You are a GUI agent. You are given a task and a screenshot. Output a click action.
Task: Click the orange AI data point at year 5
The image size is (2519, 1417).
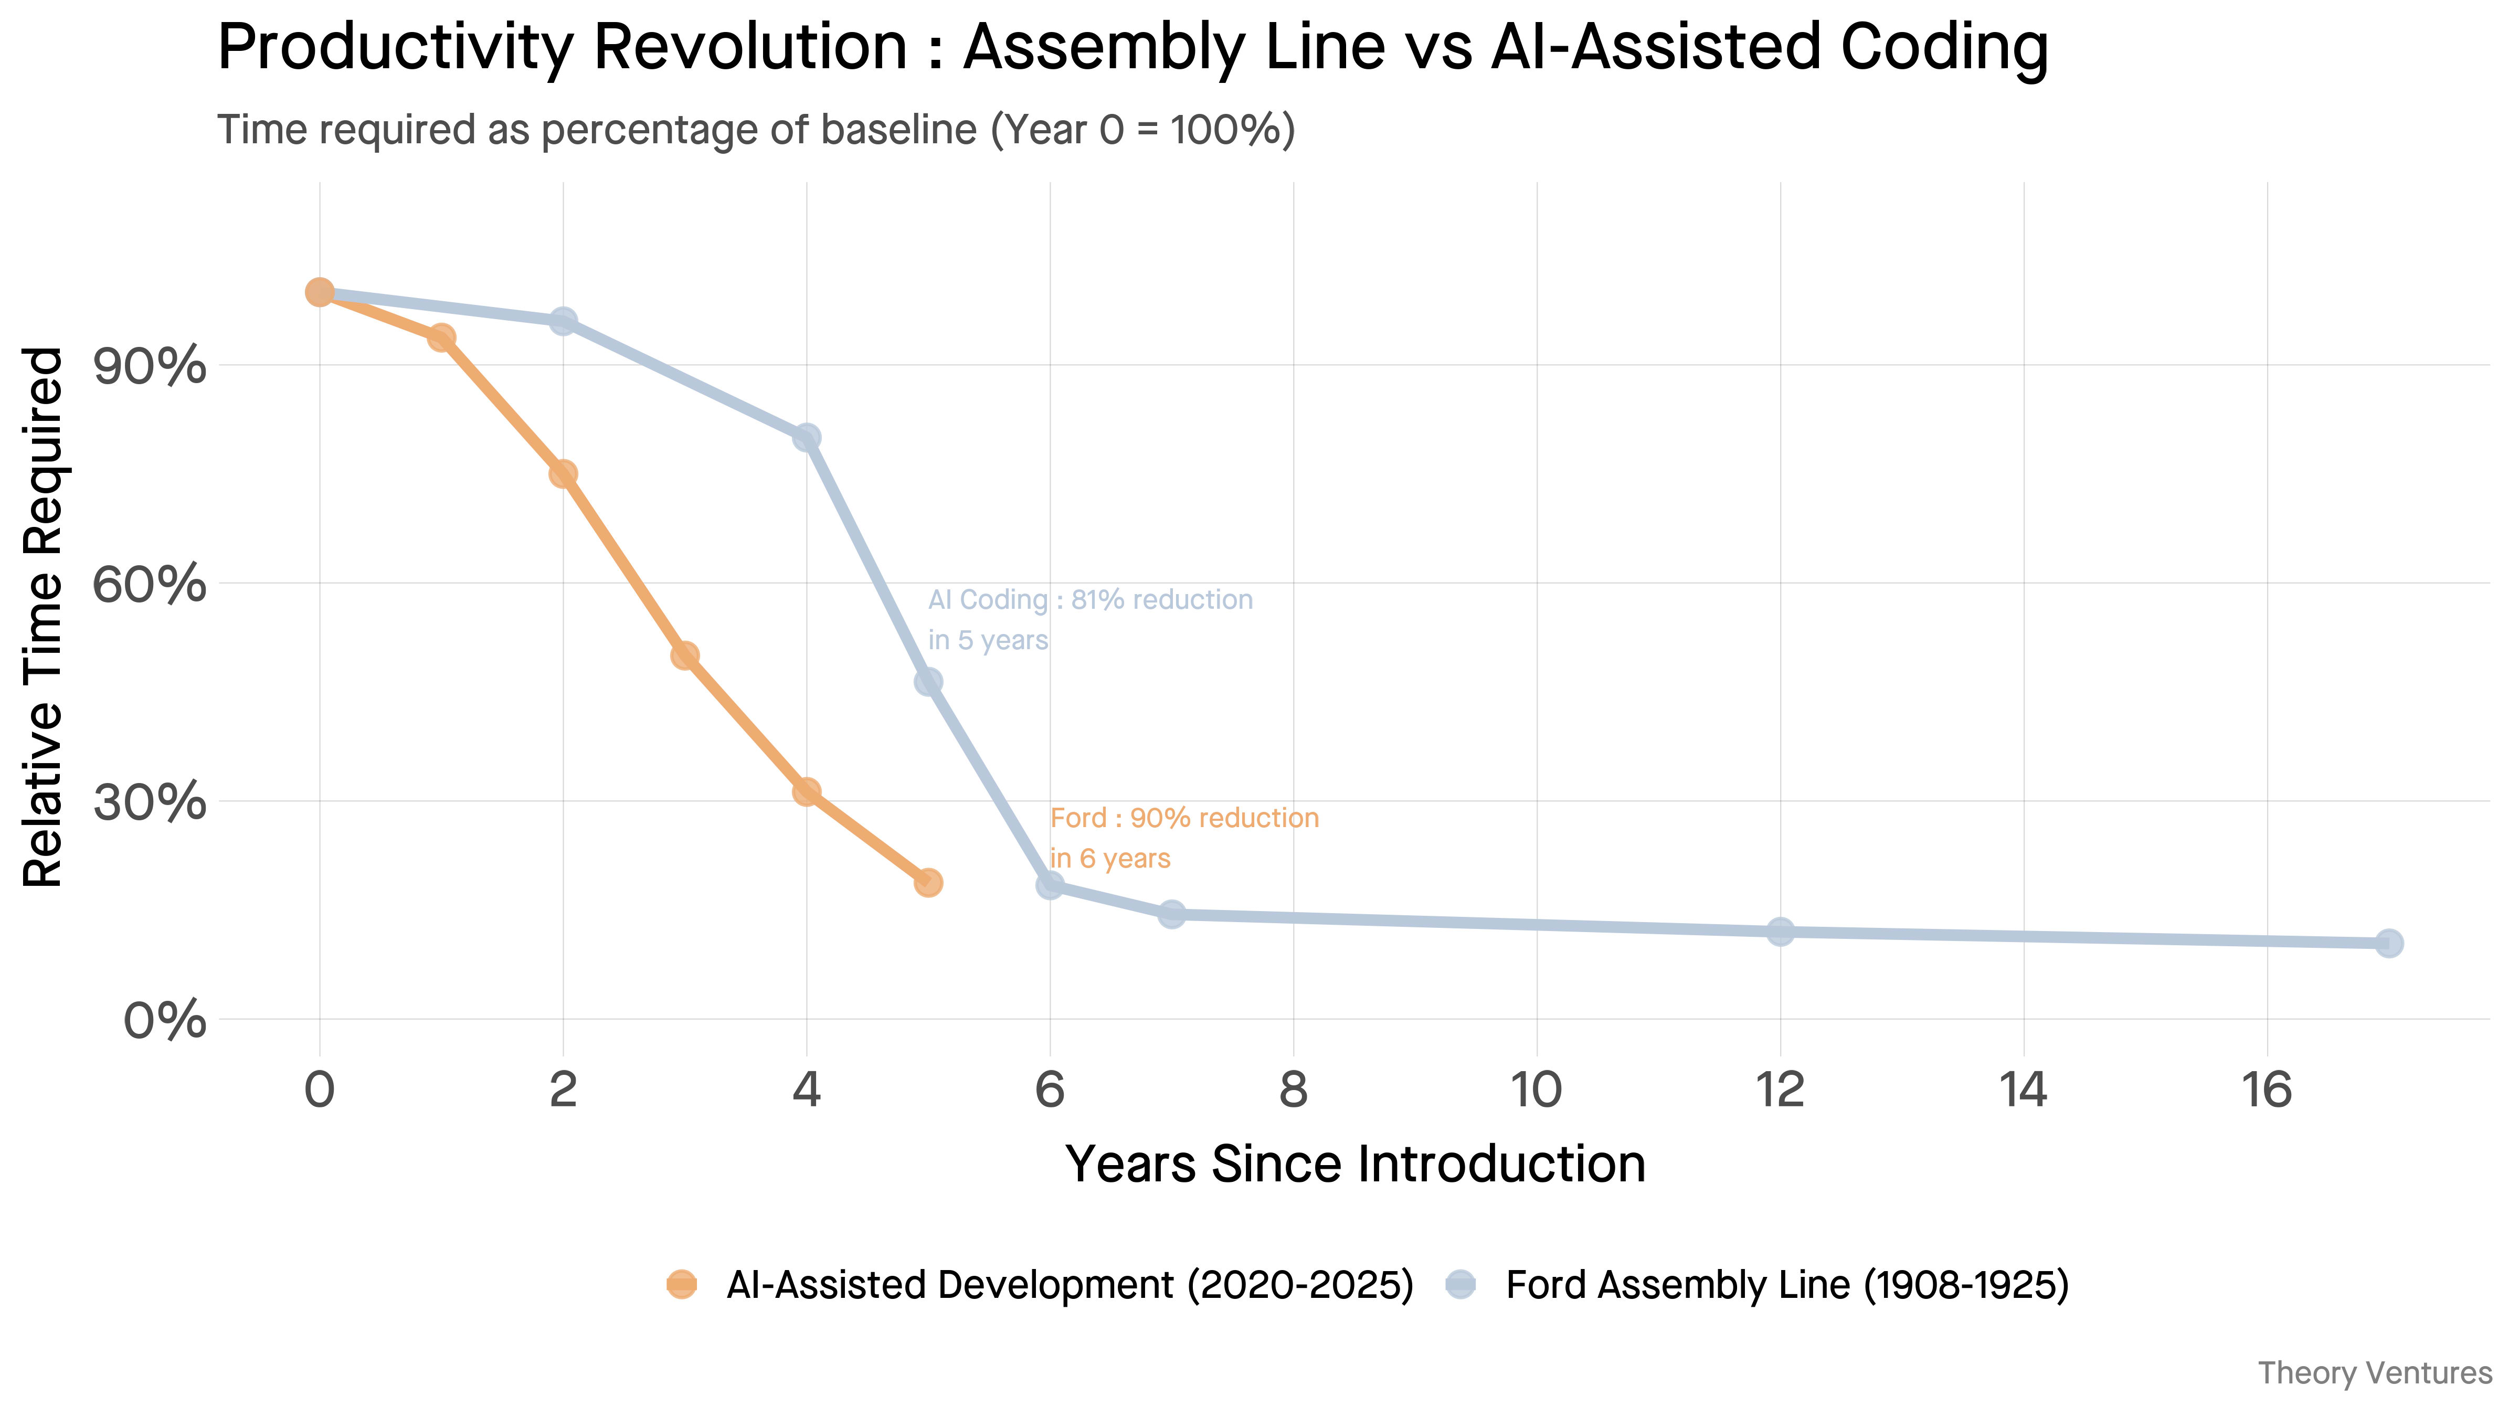[928, 882]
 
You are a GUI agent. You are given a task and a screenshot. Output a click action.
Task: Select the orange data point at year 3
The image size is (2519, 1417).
[684, 655]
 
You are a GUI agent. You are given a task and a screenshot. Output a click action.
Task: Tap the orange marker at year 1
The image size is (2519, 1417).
[441, 337]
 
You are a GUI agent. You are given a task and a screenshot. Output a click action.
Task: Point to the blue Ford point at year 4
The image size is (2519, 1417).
[806, 437]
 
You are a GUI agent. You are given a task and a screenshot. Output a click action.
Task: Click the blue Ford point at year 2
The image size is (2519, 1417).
[562, 321]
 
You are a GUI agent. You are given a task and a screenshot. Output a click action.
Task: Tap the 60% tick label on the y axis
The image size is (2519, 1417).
[150, 585]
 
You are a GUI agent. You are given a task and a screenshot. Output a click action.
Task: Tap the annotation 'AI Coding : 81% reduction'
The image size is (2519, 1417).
[1089, 599]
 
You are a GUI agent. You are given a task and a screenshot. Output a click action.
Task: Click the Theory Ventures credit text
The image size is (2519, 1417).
[2374, 1373]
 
